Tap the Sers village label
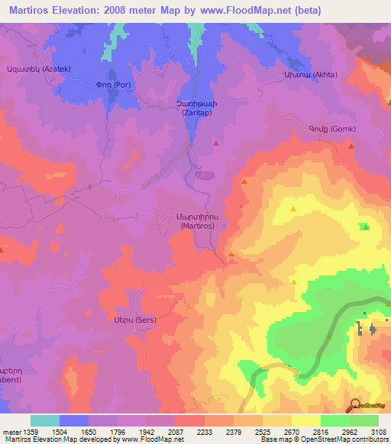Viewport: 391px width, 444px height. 134,320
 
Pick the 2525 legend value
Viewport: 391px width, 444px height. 263,431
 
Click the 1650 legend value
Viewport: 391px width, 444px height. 89,431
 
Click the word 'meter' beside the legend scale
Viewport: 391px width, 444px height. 11,431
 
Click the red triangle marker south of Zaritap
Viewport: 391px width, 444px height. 216,143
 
